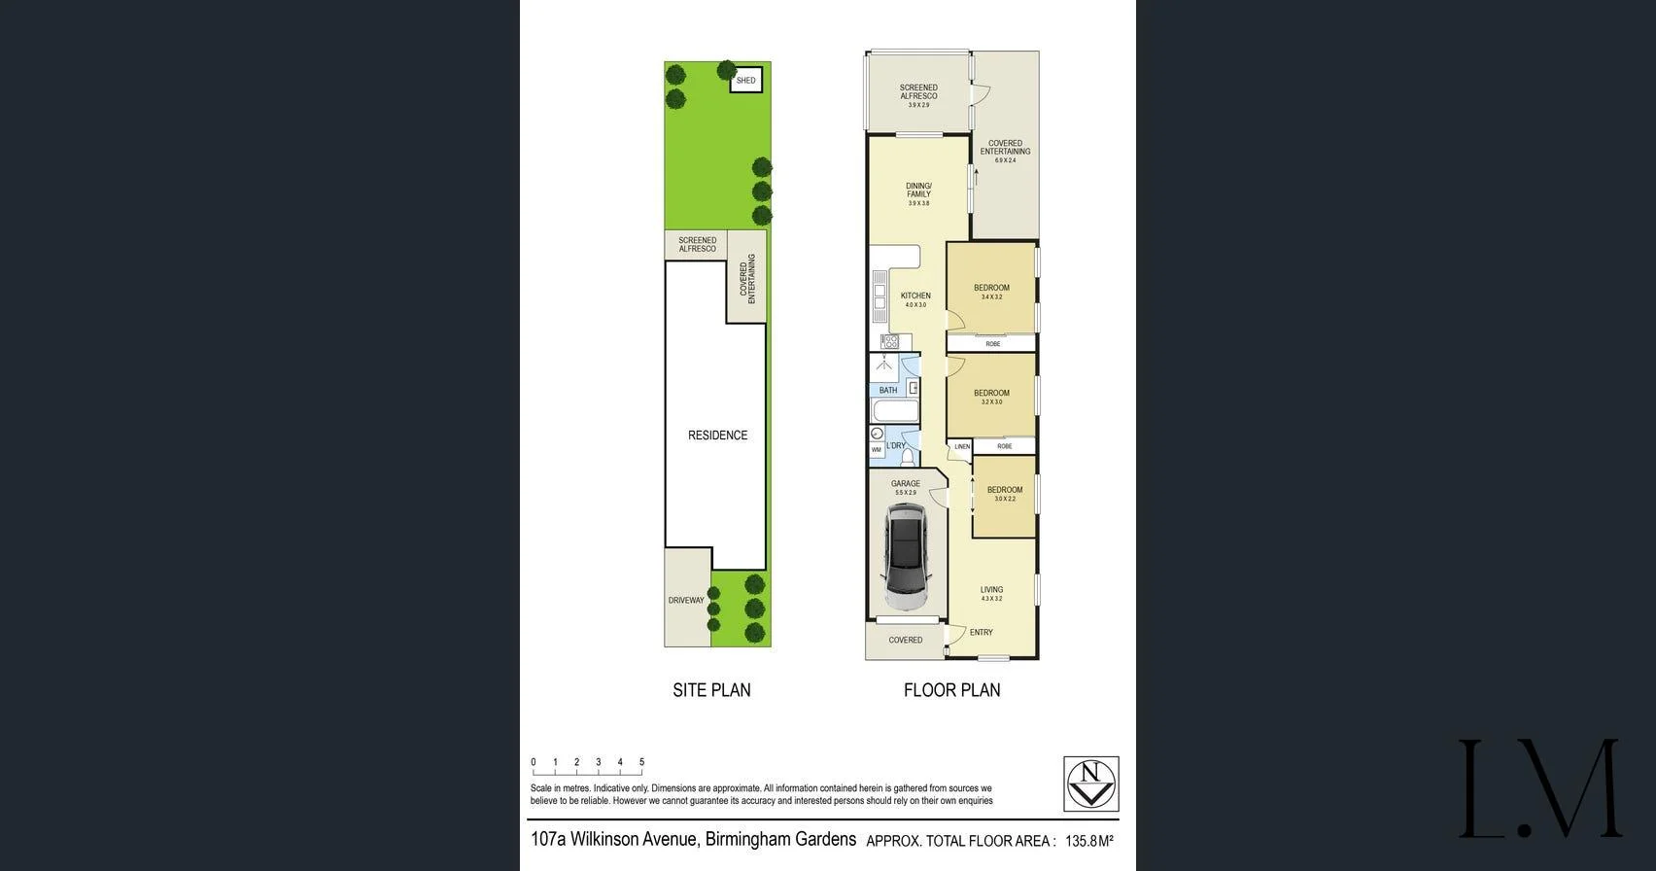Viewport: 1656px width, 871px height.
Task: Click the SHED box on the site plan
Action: coord(745,81)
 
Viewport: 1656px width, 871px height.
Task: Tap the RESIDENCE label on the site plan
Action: coord(717,435)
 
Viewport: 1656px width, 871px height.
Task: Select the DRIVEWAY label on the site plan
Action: coord(685,600)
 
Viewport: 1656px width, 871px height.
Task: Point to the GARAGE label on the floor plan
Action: coord(905,484)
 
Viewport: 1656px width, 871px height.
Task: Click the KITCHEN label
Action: coord(915,296)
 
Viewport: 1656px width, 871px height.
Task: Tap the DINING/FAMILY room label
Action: coord(918,190)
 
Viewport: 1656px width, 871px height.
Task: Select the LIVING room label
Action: coord(991,590)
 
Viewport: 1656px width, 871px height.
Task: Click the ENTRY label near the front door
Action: coord(981,633)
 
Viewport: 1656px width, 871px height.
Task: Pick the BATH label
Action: coord(888,391)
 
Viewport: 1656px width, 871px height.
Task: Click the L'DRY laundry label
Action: coord(895,446)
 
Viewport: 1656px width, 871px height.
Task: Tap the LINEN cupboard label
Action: coord(961,447)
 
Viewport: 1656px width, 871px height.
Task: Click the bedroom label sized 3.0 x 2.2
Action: coord(1005,491)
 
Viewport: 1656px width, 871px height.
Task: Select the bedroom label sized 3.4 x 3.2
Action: coord(991,289)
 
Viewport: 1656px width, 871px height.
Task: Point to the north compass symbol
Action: coord(1090,784)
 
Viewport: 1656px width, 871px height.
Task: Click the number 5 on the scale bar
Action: coord(641,763)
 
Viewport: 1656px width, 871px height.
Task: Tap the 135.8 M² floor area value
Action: coord(1088,841)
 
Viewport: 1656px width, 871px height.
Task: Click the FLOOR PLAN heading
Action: coord(951,690)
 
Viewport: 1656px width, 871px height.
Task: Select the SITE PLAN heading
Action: coord(711,690)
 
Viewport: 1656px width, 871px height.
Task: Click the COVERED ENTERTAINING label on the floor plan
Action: coord(1005,148)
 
